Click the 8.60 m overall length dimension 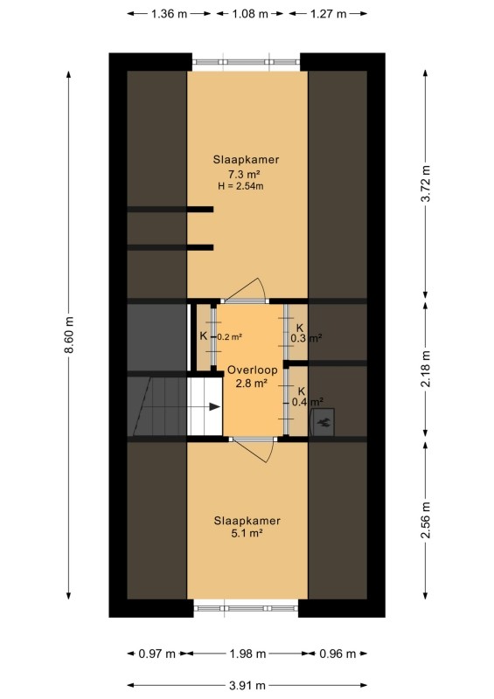click(69, 335)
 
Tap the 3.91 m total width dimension click(247, 685)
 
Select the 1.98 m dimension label click(247, 654)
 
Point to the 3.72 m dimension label click(426, 183)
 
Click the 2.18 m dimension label click(426, 369)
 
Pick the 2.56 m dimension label click(426, 519)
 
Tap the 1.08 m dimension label click(250, 14)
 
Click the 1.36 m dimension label click(169, 14)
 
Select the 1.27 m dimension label click(328, 14)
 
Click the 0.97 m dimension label click(157, 654)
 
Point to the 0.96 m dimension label click(337, 654)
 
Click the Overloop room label click(252, 370)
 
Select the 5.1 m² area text click(247, 533)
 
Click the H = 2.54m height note click(240, 186)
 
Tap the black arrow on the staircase click(214, 406)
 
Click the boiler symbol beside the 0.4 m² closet click(323, 422)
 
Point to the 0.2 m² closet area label click(229, 336)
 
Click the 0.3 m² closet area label click(306, 338)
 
